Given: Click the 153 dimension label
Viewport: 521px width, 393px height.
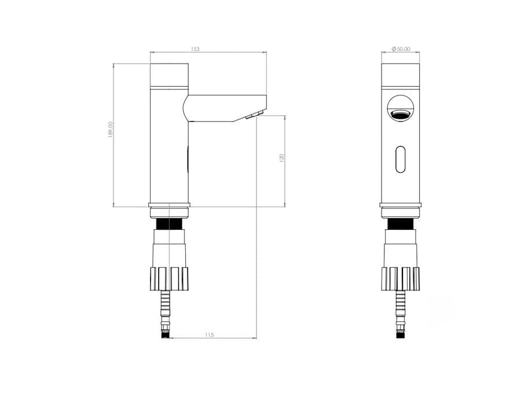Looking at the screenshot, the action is click(195, 49).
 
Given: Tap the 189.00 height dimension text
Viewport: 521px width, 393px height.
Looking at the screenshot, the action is click(111, 130).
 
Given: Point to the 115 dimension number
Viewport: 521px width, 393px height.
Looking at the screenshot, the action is click(210, 335).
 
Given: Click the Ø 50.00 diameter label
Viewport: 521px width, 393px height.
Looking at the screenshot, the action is click(401, 49).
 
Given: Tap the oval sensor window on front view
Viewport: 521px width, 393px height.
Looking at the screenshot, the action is click(401, 159).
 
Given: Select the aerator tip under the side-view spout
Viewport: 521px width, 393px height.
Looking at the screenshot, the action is click(255, 115).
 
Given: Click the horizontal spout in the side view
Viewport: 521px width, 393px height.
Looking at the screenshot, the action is click(225, 108).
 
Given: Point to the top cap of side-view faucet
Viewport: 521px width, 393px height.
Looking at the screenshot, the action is click(170, 75).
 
